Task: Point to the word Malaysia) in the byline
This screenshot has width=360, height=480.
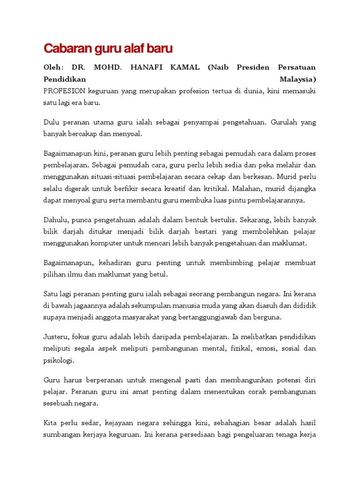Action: click(x=298, y=79)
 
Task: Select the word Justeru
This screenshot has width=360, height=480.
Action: click(x=56, y=337)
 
